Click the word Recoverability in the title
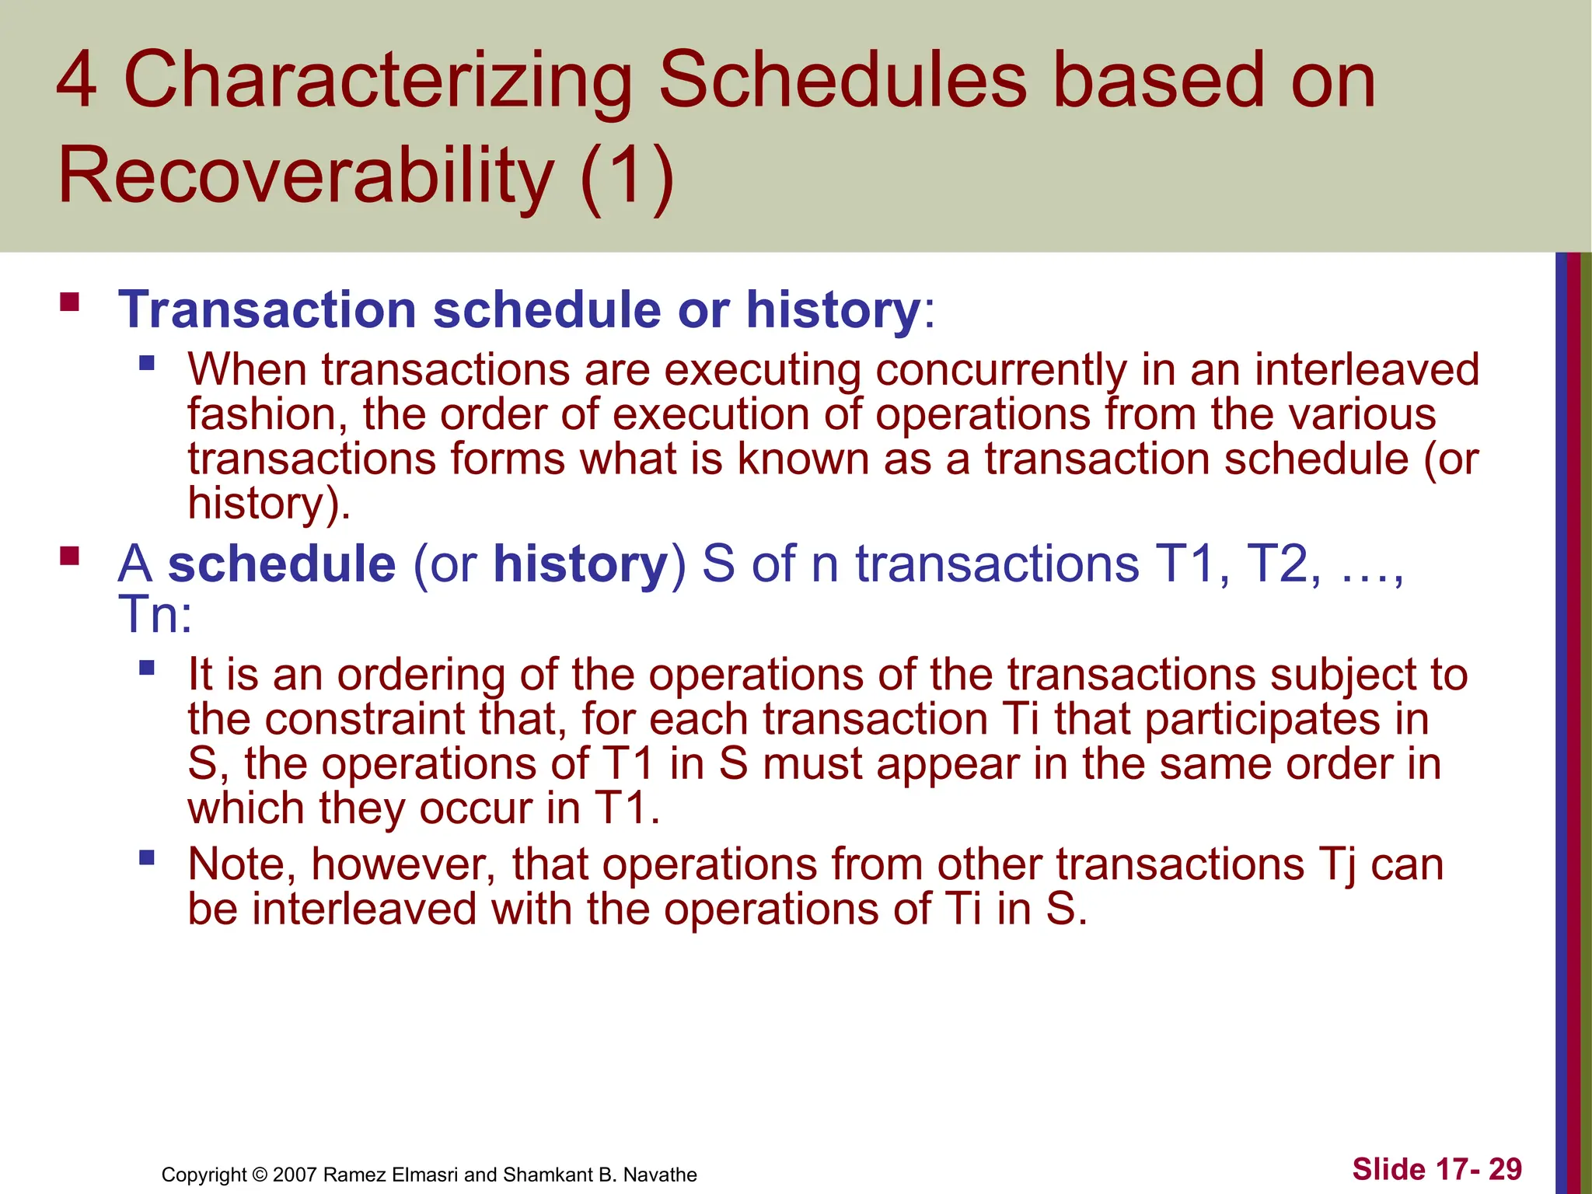coord(306,176)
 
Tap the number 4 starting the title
coord(77,81)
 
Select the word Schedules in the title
coord(843,81)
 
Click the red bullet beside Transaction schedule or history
coord(70,302)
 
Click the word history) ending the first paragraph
coord(269,504)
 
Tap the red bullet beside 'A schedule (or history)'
coord(70,556)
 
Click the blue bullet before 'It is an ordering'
coord(147,668)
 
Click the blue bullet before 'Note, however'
coord(147,858)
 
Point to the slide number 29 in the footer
coord(1505,1169)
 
